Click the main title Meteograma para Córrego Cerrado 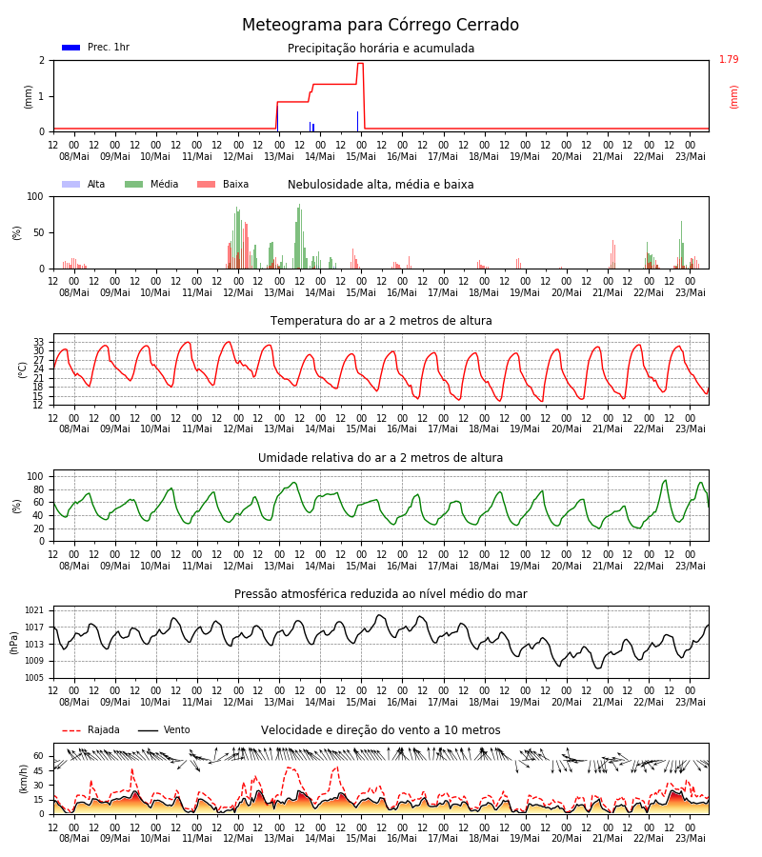380,25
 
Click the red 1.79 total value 729,59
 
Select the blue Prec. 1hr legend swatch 71,48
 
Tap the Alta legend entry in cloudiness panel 84,184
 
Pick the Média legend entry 151,184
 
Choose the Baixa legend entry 223,184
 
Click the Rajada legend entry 90,729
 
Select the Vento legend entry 164,729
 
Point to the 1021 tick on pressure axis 34,610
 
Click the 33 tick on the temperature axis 38,342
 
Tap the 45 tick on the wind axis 38,770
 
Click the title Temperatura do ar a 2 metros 381,321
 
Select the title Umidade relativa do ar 380,457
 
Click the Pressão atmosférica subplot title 381,593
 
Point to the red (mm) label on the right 733,97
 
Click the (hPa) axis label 14,643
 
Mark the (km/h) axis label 23,779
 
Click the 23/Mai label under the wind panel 691,838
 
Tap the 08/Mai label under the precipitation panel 74,156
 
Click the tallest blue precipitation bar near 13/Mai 278,117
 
